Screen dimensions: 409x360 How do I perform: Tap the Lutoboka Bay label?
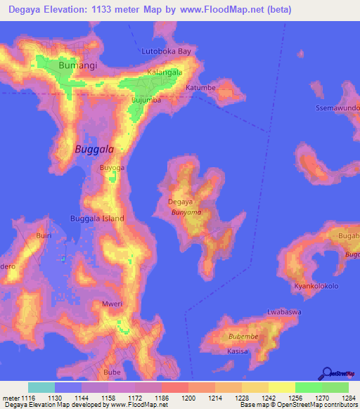(166, 51)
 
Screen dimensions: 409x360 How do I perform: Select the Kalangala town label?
(165, 72)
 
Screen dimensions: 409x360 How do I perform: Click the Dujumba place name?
(147, 100)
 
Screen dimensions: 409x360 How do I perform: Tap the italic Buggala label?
(94, 149)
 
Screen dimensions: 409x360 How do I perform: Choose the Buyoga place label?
(112, 168)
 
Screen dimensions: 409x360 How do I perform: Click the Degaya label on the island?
(180, 202)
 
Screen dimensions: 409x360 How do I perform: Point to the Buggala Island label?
(97, 219)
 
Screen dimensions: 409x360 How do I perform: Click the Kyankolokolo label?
(316, 287)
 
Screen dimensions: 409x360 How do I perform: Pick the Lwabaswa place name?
(284, 311)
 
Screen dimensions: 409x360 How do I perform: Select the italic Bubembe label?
(243, 337)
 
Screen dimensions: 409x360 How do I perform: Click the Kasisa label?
(238, 351)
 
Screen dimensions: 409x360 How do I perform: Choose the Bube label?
(112, 372)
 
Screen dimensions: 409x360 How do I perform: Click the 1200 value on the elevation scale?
(188, 398)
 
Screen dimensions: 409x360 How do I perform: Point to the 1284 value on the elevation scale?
(349, 398)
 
